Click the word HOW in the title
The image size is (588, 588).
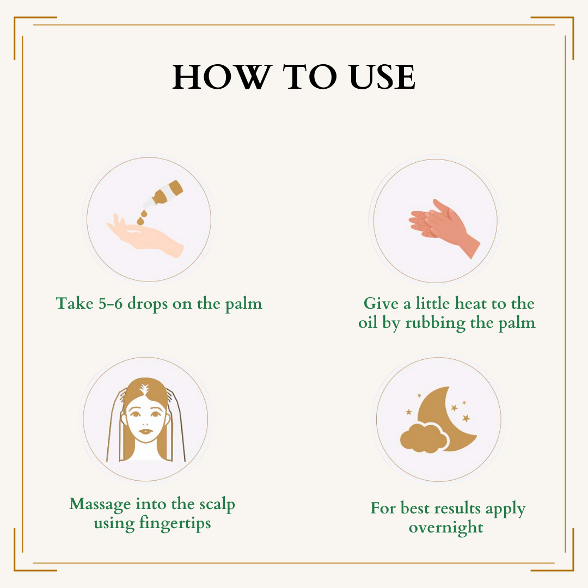click(222, 77)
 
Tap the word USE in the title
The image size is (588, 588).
click(382, 77)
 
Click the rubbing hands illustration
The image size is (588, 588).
click(444, 228)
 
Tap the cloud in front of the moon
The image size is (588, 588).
click(424, 438)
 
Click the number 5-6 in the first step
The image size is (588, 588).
click(110, 303)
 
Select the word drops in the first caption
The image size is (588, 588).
click(148, 304)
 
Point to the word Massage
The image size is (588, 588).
click(100, 505)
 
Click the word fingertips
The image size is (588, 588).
click(175, 524)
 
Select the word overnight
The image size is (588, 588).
click(446, 528)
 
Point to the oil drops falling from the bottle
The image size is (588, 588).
click(142, 217)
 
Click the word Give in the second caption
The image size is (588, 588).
click(381, 303)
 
